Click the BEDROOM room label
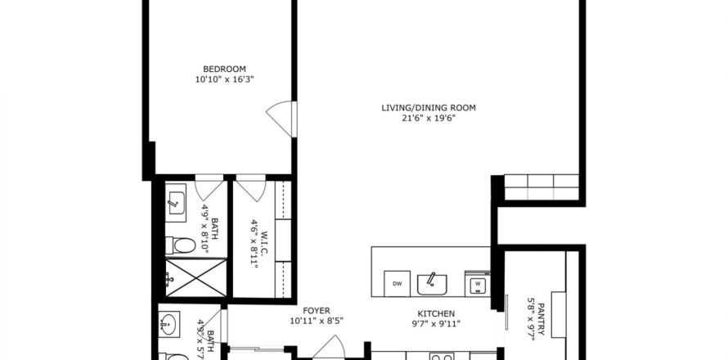click(224, 70)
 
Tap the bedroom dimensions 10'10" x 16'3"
click(224, 79)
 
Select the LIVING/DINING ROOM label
click(429, 108)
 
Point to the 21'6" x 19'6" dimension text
click(429, 118)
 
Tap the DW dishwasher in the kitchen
click(397, 283)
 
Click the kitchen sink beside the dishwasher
click(432, 284)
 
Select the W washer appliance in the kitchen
click(477, 283)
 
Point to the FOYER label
click(317, 311)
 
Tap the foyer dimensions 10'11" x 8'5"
click(317, 321)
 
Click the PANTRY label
click(542, 321)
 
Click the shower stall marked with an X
click(196, 278)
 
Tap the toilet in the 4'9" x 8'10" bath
click(181, 245)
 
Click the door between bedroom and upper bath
click(209, 187)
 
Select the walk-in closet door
click(251, 187)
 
